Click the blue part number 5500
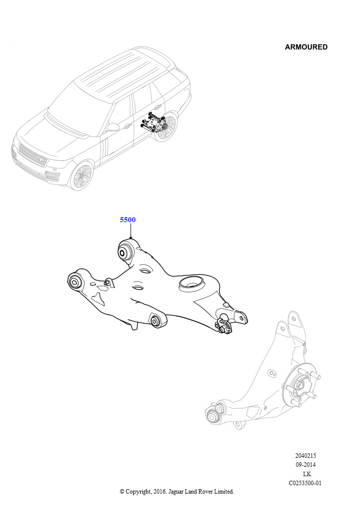coord(128,220)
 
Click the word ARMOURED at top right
coord(306,47)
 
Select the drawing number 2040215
coord(305,455)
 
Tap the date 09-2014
coord(305,465)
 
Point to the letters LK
coord(307,474)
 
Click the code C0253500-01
coord(305,483)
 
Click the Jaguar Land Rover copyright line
coord(177,492)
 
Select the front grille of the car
coord(32,155)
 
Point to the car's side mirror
coord(112,127)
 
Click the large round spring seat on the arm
coord(192,284)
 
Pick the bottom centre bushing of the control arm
coord(158,321)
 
